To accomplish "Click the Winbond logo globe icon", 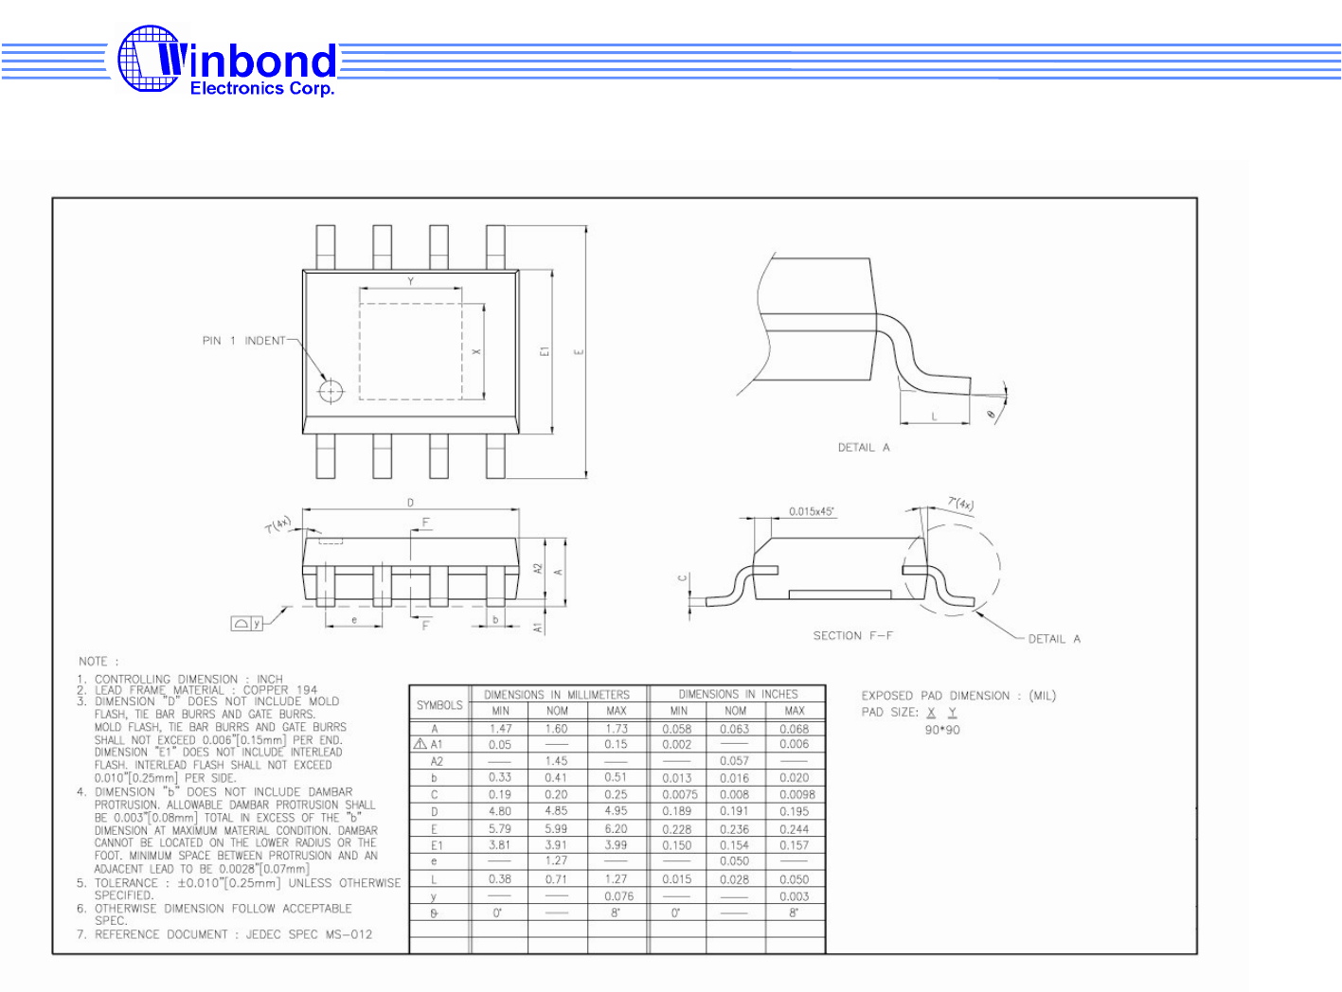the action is click(x=149, y=59).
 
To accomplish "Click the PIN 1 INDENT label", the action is click(x=243, y=341).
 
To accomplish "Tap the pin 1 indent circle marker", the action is click(x=331, y=390).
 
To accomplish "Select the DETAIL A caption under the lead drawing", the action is click(x=863, y=448).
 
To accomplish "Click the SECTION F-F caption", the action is click(x=852, y=636).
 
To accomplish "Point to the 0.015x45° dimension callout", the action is click(x=811, y=512).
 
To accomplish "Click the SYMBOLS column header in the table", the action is click(x=439, y=705).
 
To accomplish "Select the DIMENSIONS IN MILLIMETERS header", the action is click(x=557, y=695).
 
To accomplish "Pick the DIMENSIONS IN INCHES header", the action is click(x=738, y=695).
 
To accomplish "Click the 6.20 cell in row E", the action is click(x=616, y=829).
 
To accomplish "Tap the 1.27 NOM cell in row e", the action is click(x=557, y=861).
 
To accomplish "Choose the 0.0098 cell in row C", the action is click(x=796, y=795).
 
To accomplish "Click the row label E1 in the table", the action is click(x=437, y=845).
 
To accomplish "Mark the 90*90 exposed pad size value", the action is click(x=941, y=730).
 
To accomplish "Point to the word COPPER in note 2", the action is click(x=265, y=690).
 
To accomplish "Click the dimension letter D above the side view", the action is click(x=410, y=503).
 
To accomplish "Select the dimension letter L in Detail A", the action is click(x=934, y=416).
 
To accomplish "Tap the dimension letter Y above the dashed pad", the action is click(x=410, y=281).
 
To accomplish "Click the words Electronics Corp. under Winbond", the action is click(x=262, y=89).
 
